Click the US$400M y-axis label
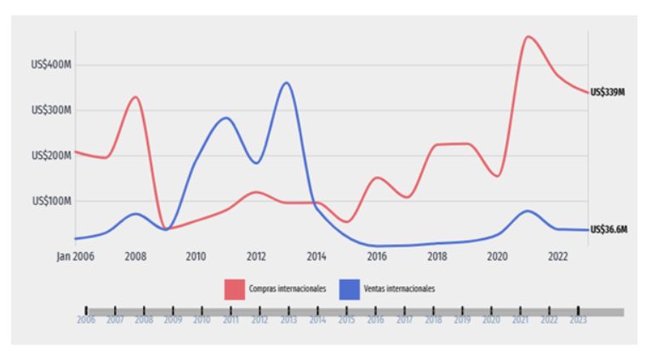click(x=52, y=65)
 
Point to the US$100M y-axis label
click(x=52, y=202)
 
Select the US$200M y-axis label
click(x=52, y=156)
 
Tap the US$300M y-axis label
click(x=52, y=111)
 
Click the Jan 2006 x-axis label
click(x=75, y=256)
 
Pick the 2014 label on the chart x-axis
click(x=317, y=256)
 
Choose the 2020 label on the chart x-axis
click(x=498, y=256)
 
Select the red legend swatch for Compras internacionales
click(x=235, y=289)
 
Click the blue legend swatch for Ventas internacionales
click(x=349, y=289)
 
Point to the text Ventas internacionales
click(x=399, y=289)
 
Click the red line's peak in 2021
click(x=528, y=36)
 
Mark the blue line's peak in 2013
click(x=286, y=83)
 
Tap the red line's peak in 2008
click(x=135, y=97)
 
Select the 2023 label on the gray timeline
click(x=579, y=320)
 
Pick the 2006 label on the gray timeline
click(x=86, y=320)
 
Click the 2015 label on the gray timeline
click(x=346, y=320)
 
